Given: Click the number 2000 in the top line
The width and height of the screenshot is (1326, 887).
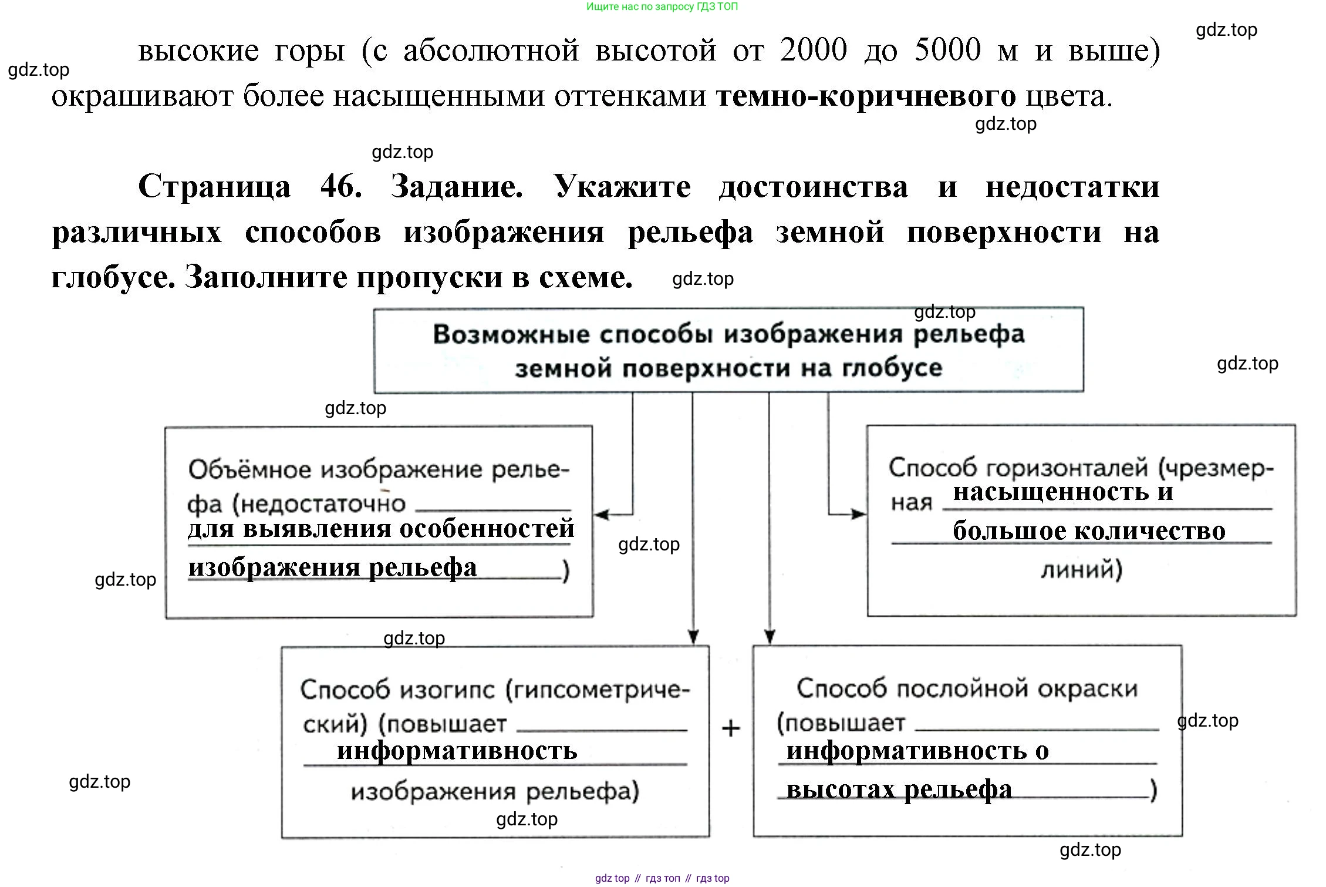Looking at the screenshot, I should pos(814,49).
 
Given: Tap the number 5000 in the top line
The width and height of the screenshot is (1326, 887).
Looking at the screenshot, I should pos(947,49).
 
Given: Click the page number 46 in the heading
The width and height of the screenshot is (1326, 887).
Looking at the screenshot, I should pos(340,187).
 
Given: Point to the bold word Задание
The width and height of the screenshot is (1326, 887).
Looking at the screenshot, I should pos(457,187).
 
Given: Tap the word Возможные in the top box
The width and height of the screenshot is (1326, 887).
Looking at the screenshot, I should pos(511,334).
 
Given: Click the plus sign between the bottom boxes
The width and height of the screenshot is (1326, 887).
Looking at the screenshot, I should pos(731,729).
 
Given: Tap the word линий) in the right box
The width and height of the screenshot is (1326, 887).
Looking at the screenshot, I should pos(1081,569).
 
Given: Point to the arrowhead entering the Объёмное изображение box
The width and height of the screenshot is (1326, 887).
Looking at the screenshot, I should pos(601,515).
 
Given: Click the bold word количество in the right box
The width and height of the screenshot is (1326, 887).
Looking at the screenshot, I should pos(1151,531).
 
